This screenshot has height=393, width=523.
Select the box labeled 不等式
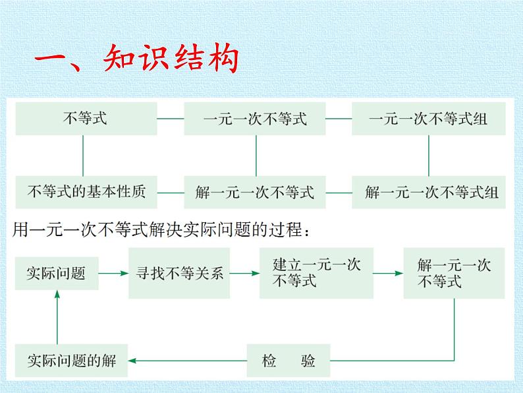(x=84, y=119)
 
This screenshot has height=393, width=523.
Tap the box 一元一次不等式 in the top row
(x=255, y=119)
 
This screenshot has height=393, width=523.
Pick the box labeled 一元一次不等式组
(x=429, y=119)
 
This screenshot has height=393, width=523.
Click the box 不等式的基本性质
(x=84, y=193)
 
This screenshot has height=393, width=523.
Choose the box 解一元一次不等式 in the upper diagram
(x=255, y=193)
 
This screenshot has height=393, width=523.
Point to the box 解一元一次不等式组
(x=431, y=193)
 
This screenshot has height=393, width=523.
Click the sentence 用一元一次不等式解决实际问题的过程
(x=162, y=231)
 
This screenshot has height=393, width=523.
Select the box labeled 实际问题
(x=57, y=272)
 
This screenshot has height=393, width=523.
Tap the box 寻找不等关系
(x=180, y=272)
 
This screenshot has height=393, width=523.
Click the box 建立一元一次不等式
(x=316, y=272)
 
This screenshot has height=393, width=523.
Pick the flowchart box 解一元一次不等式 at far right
(x=454, y=272)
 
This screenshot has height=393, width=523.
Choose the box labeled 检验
(x=289, y=360)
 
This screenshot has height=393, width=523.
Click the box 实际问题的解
(x=71, y=360)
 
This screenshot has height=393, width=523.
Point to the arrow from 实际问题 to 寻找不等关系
(x=114, y=272)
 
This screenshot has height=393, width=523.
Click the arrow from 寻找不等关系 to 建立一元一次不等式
(x=246, y=272)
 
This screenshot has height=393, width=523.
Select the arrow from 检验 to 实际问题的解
(x=188, y=360)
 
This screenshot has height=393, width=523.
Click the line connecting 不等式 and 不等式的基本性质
(x=84, y=156)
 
